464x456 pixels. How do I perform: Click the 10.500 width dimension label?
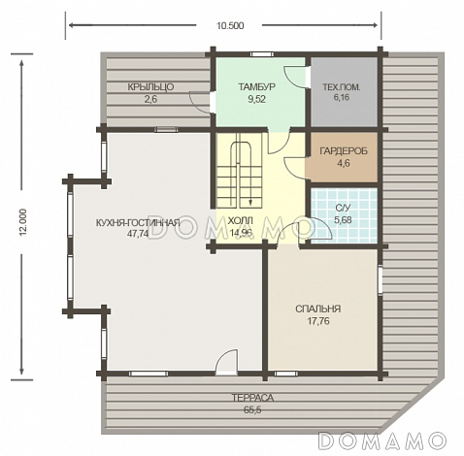point(230,25)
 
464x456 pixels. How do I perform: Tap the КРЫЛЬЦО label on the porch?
point(150,87)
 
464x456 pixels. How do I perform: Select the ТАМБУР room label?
point(257,86)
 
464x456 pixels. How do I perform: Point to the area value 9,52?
point(257,99)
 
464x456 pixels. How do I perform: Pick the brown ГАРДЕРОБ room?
point(342,157)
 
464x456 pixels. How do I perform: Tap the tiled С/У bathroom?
point(344,215)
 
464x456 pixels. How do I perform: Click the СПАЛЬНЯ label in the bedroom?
point(318,309)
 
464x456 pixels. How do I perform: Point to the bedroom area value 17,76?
point(318,321)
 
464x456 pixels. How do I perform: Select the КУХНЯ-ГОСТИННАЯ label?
point(138,223)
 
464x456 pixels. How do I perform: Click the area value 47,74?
point(138,234)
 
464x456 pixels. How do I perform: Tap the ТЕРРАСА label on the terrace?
point(252,398)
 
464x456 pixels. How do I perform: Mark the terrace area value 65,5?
point(252,410)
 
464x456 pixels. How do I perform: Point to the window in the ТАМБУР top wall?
point(262,54)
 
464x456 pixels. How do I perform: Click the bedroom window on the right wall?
point(381,280)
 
